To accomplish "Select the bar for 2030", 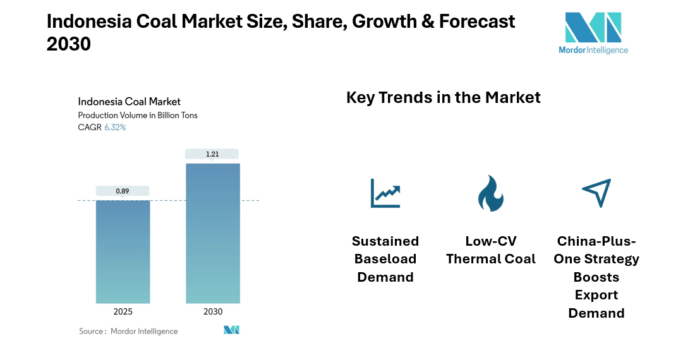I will (x=212, y=233).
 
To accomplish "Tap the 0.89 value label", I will (x=123, y=190).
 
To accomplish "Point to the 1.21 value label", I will (x=212, y=153).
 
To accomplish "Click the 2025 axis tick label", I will (x=123, y=312).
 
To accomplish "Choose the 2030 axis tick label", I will (x=212, y=312).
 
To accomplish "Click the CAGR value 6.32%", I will (x=115, y=127).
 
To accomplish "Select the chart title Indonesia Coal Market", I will (x=129, y=101).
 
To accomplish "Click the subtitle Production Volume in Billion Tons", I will (x=137, y=115).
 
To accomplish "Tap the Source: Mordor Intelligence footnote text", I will (x=128, y=331).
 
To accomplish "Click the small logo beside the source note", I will (x=231, y=330).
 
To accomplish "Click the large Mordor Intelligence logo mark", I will (x=593, y=28).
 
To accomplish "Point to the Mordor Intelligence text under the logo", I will (x=593, y=50).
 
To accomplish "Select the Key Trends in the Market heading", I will (x=443, y=97).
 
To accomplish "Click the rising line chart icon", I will (x=385, y=193).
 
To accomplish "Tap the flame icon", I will (x=490, y=193).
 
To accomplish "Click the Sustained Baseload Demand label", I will (x=385, y=259).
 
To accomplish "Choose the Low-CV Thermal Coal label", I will (x=490, y=250).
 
